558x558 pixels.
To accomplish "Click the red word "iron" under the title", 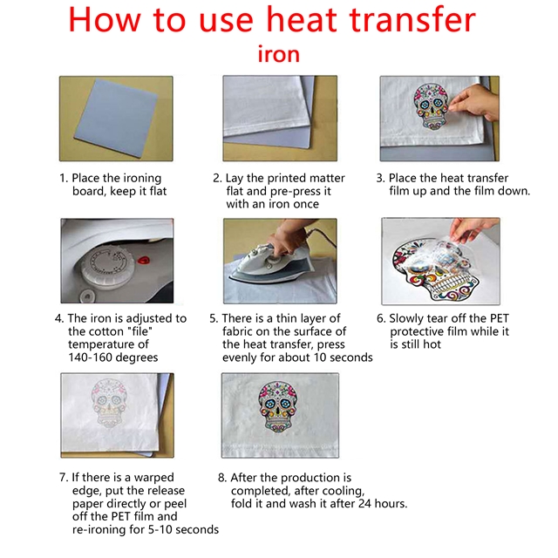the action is tap(279, 54).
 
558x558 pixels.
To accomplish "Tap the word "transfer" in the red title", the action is tap(412, 20).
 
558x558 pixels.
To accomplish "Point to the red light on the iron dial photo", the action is tap(144, 260).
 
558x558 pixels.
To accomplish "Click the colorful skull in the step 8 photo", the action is tap(278, 406).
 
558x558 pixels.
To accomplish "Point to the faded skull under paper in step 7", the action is tap(109, 403).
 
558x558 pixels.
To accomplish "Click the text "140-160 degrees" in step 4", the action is tap(113, 357).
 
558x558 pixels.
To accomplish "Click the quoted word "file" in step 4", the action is tap(139, 331).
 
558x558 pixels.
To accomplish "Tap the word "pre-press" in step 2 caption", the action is tap(296, 192).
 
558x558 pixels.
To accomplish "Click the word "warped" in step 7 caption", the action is tap(154, 478).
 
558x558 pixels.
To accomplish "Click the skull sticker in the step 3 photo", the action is tap(431, 105).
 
